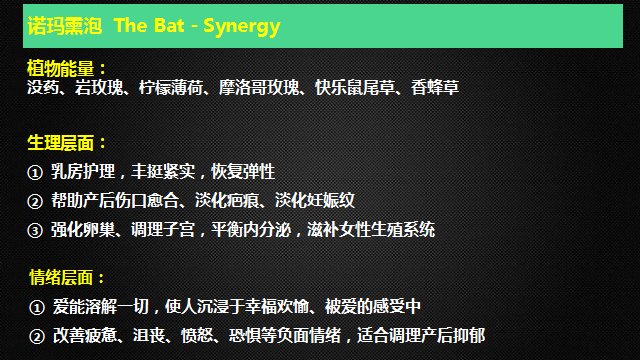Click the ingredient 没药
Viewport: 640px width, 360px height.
click(x=42, y=88)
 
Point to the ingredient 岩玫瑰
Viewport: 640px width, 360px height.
click(x=97, y=88)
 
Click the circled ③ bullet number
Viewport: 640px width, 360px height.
click(x=35, y=231)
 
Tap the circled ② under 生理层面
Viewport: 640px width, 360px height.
click(x=35, y=201)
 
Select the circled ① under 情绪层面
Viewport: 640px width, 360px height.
click(x=35, y=306)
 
